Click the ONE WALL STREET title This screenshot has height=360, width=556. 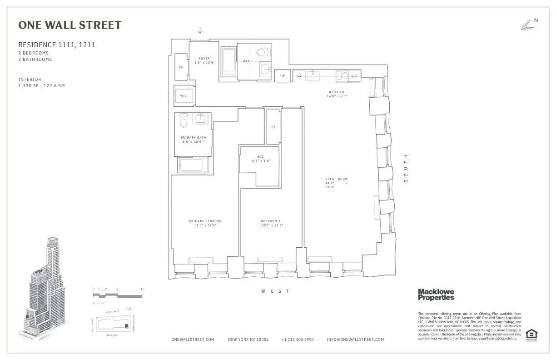(69, 25)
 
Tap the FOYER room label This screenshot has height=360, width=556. (204, 59)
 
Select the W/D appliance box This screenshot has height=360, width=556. (184, 96)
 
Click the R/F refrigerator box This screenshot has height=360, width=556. (282, 76)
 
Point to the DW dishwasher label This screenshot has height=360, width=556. (299, 76)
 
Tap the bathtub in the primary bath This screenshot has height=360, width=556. (193, 165)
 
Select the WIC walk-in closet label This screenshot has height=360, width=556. (260, 157)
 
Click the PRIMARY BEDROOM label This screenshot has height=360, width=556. (205, 221)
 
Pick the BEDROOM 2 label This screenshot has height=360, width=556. (272, 221)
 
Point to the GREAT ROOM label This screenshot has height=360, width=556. (336, 179)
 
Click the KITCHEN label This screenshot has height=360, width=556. (337, 92)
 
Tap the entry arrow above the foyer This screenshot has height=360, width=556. (200, 30)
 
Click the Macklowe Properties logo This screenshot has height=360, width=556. (436, 295)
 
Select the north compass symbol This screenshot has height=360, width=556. (529, 25)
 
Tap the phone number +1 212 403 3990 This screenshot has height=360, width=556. (298, 340)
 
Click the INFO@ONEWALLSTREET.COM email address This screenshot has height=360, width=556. (355, 340)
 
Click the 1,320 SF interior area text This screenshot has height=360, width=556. (41, 86)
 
